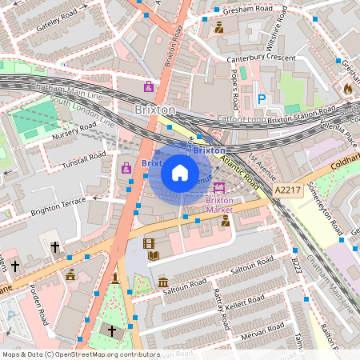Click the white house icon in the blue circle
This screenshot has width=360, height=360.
(180, 172)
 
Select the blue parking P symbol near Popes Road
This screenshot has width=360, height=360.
(261, 99)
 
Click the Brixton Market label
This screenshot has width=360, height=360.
(219, 204)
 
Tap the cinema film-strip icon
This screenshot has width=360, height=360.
(148, 243)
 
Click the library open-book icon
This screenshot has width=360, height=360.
(154, 256)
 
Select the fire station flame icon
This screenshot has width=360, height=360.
(347, 88)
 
